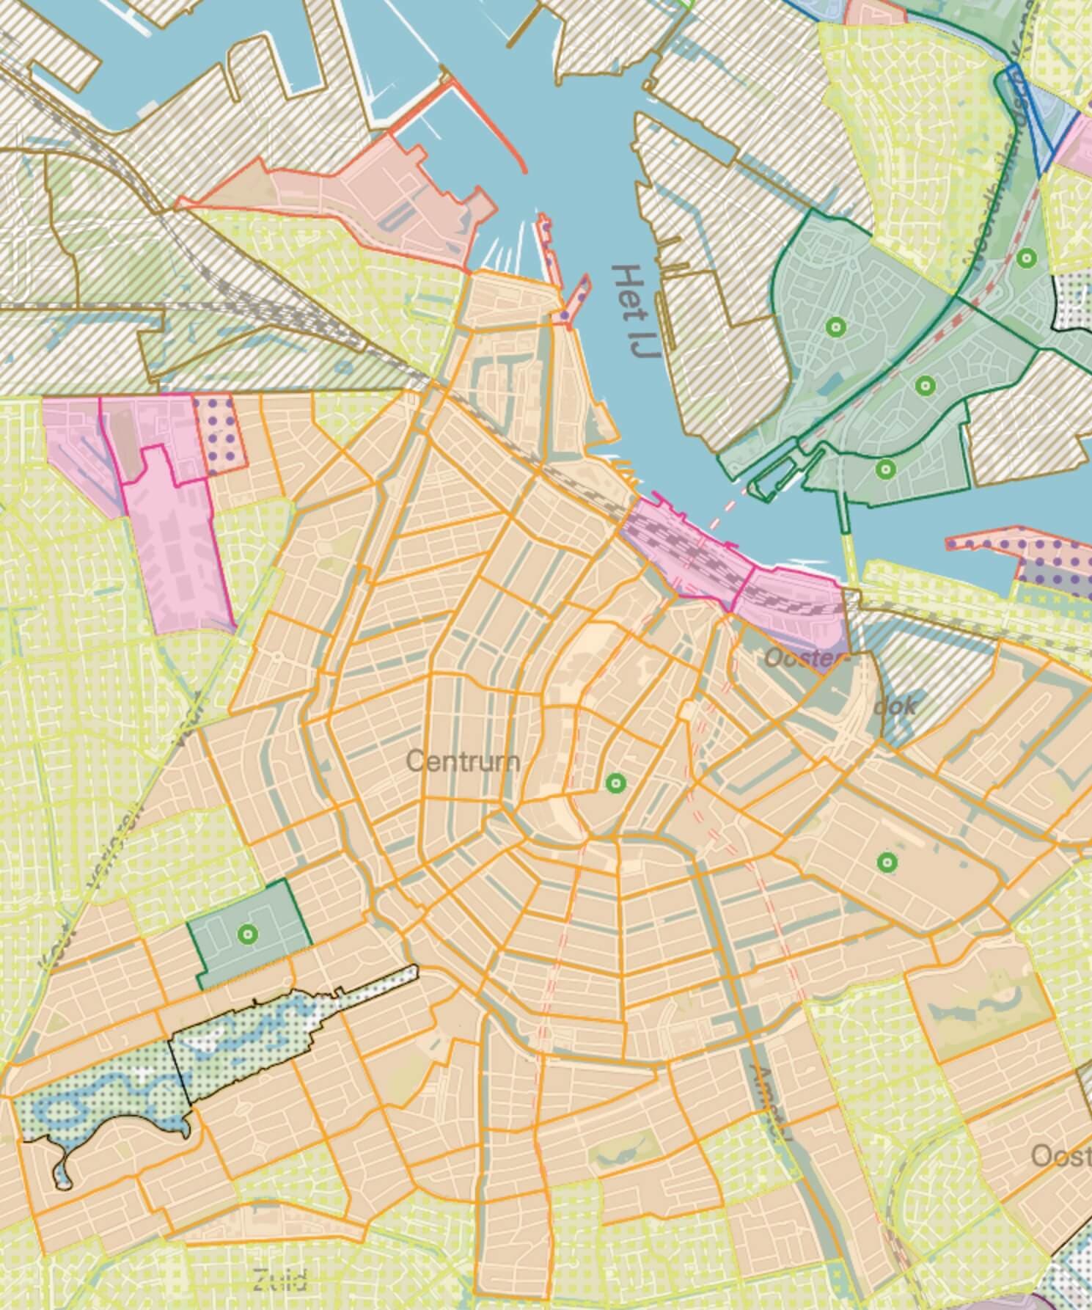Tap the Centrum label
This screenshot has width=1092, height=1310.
(462, 761)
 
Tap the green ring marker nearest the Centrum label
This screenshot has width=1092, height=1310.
(616, 783)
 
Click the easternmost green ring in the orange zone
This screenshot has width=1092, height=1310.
(887, 862)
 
